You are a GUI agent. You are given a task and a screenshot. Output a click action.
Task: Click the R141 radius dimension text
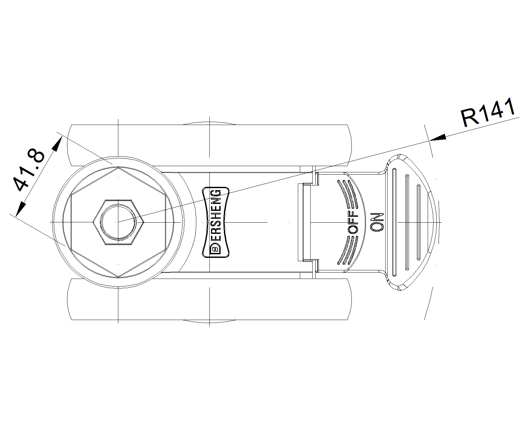point(488,113)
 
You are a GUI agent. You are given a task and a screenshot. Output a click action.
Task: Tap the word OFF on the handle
point(353,222)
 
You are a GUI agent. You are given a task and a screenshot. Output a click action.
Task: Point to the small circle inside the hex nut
point(118,222)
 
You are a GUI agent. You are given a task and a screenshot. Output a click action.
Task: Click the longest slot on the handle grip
point(395,222)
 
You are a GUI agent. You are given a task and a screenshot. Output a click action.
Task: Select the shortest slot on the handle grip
point(418,222)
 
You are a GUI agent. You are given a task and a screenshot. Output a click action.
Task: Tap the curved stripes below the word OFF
point(348,251)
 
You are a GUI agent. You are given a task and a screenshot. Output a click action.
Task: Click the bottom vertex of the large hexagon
point(118,276)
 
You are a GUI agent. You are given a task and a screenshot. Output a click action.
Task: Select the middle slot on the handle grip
point(407,222)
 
